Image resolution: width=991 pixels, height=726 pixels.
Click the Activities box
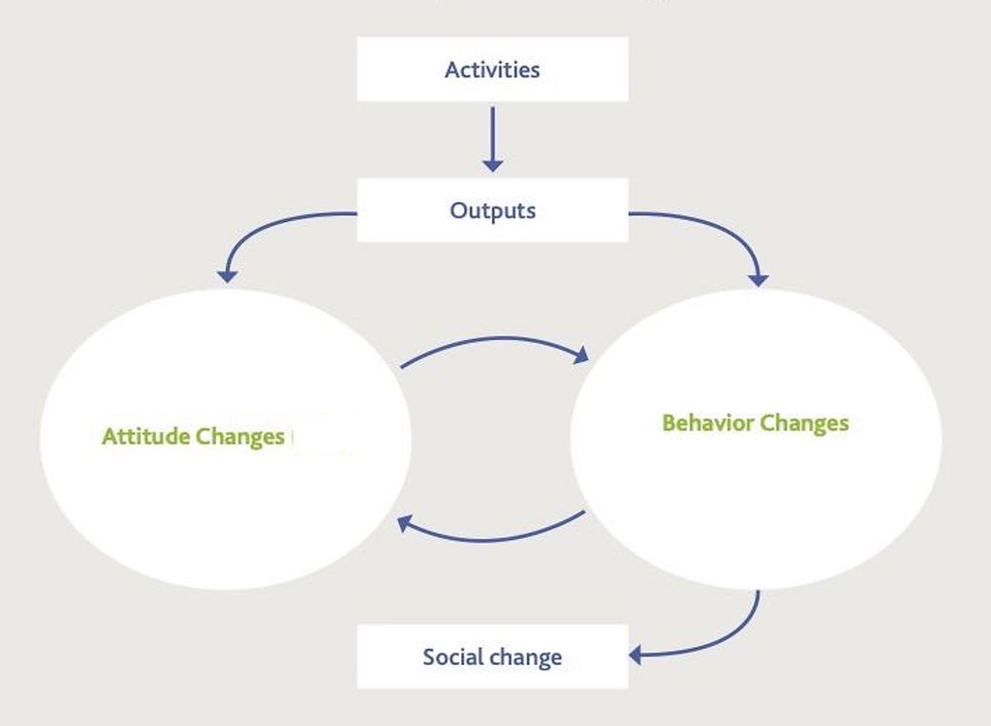coord(492,70)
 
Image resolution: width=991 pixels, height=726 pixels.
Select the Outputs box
coord(492,210)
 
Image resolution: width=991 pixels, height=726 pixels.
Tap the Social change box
coord(492,656)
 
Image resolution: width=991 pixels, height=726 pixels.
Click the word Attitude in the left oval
coord(146,437)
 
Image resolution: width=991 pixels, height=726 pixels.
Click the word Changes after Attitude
coord(240,437)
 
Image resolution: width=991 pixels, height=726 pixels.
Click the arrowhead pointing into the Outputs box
coord(493,165)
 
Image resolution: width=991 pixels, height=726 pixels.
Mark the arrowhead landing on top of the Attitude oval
coord(227,275)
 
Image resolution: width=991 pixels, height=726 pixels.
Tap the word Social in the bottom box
coord(453,656)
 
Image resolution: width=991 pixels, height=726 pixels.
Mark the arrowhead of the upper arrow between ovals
coord(578,356)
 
